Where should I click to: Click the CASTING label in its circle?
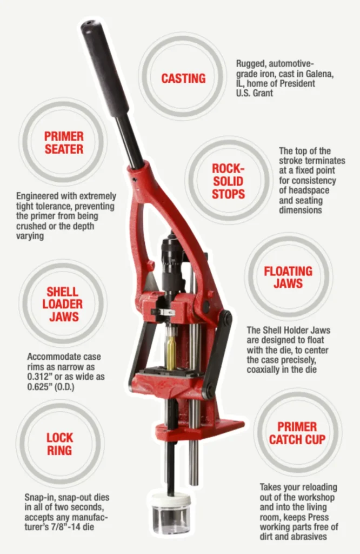[183, 78]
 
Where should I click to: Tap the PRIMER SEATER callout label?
[64, 141]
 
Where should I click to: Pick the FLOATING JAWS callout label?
[288, 277]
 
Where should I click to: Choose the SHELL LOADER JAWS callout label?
[63, 304]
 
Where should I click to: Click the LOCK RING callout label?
[59, 444]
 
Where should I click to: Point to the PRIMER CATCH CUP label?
[297, 432]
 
